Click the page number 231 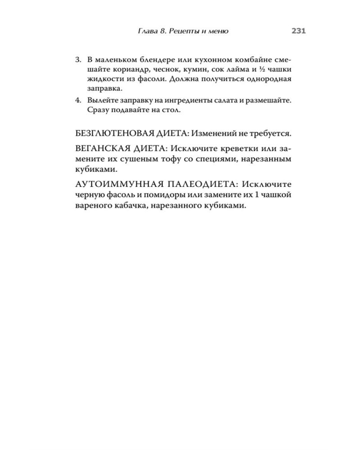pyautogui.click(x=299, y=31)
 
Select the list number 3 pyautogui.click(x=77, y=59)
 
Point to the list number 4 pyautogui.click(x=77, y=99)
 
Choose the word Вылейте pyautogui.click(x=101, y=99)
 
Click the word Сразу pyautogui.click(x=98, y=109)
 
